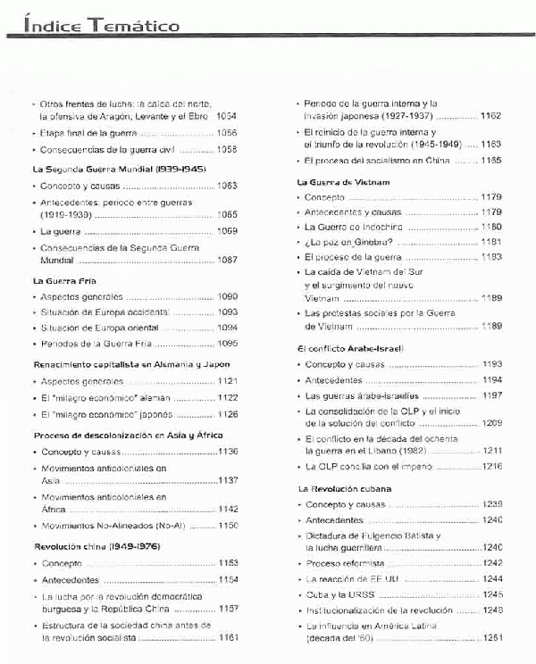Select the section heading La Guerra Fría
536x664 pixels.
(64, 280)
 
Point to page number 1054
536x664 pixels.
(226, 116)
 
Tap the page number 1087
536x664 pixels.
(226, 260)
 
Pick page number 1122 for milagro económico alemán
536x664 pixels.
(226, 397)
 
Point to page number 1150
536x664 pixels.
(228, 526)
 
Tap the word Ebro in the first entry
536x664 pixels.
(197, 116)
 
